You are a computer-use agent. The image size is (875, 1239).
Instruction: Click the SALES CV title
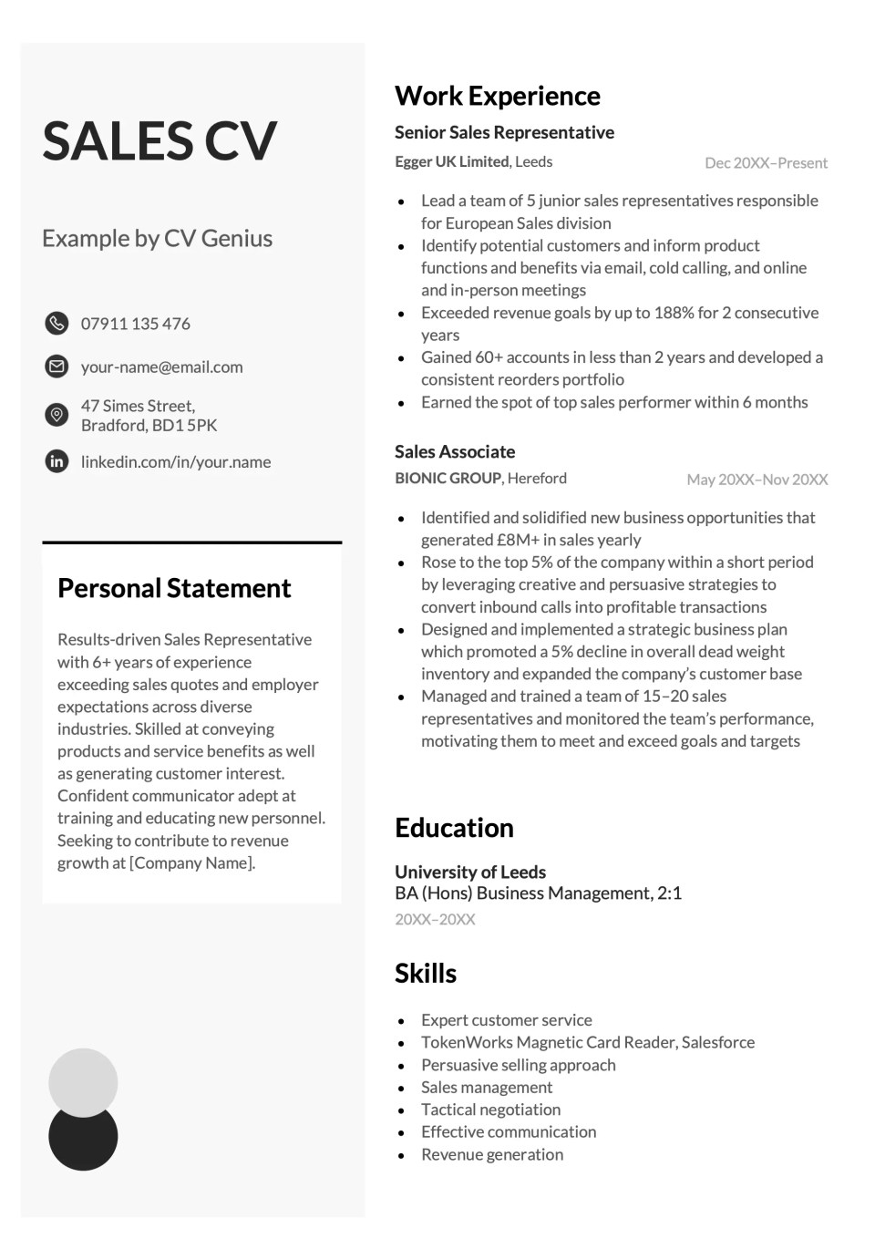tap(160, 141)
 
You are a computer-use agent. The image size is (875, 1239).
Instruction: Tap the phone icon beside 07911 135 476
tap(57, 323)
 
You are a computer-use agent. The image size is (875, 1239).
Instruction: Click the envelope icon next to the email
tap(57, 367)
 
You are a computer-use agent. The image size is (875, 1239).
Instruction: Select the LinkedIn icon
tap(57, 461)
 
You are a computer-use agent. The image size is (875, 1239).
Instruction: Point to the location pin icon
tap(57, 415)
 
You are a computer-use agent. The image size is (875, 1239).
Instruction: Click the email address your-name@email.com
tap(161, 367)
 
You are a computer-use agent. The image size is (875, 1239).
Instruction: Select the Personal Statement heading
tap(174, 588)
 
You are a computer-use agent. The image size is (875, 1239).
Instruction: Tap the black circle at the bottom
tap(83, 1143)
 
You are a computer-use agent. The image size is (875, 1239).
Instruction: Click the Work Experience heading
tap(497, 96)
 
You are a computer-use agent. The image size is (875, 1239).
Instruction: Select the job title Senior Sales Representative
tap(504, 132)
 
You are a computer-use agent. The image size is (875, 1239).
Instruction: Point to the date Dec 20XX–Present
tap(766, 163)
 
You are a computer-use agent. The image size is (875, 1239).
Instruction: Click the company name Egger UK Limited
tap(452, 161)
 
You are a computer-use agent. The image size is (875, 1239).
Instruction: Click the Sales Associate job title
tap(455, 451)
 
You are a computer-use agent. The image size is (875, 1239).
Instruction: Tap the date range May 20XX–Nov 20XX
tap(757, 480)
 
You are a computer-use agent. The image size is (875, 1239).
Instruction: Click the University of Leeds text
tap(470, 872)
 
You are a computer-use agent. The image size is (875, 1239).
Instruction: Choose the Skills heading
tap(426, 973)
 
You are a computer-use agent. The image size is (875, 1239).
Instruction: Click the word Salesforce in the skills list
tap(718, 1042)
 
